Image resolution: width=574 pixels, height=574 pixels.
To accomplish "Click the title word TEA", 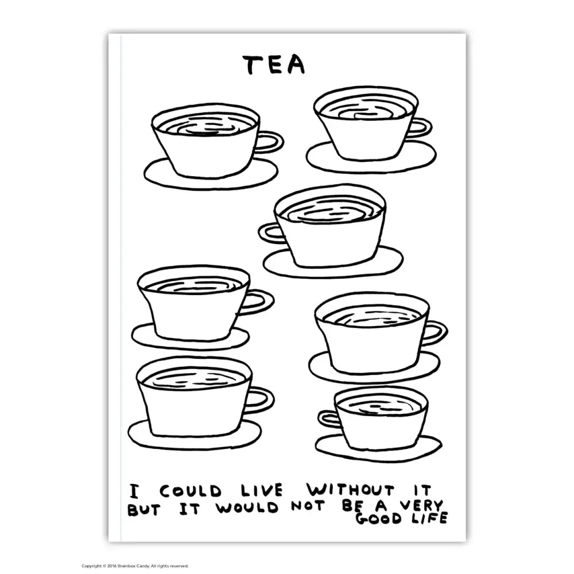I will pyautogui.click(x=273, y=65).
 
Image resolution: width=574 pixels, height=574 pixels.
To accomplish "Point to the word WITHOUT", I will pyautogui.click(x=352, y=490).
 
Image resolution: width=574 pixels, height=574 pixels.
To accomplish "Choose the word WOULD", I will pyautogui.click(x=241, y=508).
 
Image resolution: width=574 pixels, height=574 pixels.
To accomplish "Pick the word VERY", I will pyautogui.click(x=421, y=506).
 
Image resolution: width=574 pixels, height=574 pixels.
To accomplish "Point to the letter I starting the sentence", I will pyautogui.click(x=133, y=492).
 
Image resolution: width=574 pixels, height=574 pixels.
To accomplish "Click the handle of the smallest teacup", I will pyautogui.click(x=328, y=419).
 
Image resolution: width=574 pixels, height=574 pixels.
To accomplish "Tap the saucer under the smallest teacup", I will pyautogui.click(x=378, y=450).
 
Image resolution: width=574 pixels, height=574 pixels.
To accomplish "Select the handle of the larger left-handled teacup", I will pyautogui.click(x=269, y=233).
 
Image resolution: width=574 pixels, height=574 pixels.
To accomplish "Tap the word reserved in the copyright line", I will pyautogui.click(x=179, y=566).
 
